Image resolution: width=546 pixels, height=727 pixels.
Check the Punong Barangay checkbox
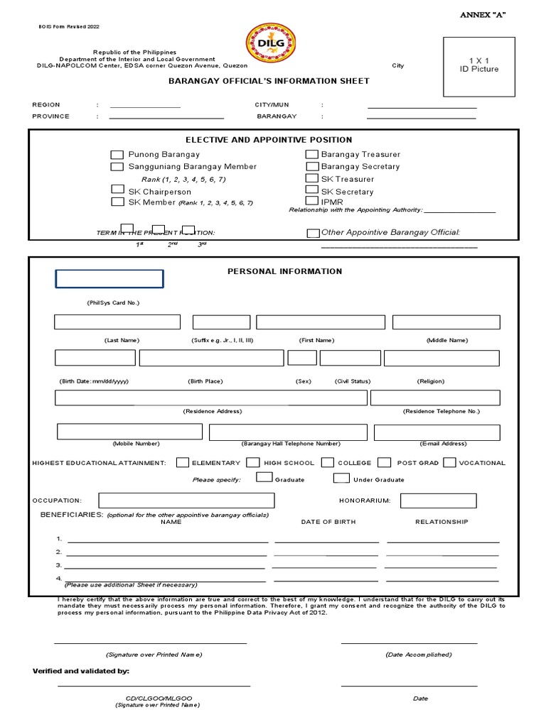tap(117, 155)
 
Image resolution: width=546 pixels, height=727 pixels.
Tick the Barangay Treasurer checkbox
tap(311, 155)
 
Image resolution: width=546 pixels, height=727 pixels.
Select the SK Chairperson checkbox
tap(117, 190)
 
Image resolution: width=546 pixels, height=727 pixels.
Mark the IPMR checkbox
tap(311, 202)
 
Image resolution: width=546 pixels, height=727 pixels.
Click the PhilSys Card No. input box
tap(109, 279)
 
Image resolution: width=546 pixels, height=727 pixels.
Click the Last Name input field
tap(117, 322)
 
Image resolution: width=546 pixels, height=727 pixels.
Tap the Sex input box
tap(302, 358)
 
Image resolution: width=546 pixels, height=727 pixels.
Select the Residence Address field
tap(212, 398)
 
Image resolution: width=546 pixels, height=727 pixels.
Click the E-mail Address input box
tap(437, 432)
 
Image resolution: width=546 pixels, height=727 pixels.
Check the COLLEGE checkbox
tap(328, 462)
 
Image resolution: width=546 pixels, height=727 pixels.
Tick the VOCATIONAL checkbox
tap(449, 462)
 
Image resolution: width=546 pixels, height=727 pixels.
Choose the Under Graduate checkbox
tap(341, 479)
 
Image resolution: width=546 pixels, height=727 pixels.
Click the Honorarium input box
tap(428, 501)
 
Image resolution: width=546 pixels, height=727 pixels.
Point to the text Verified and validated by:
tap(81, 671)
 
